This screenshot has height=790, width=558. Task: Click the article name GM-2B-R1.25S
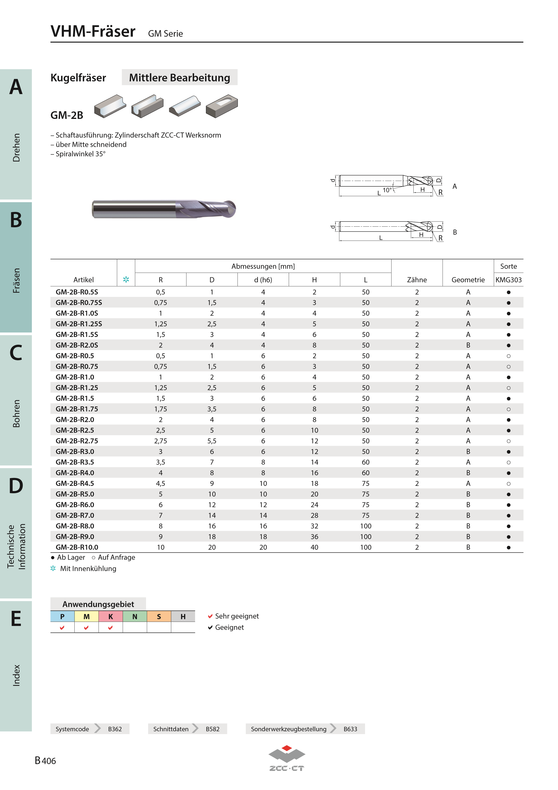(x=79, y=324)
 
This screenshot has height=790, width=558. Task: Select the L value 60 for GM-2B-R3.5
(x=365, y=462)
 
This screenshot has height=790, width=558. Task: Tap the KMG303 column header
(x=508, y=280)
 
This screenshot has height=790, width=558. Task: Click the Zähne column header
(x=417, y=280)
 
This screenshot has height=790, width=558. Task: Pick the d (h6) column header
(x=263, y=280)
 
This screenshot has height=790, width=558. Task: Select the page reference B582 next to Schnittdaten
(x=213, y=729)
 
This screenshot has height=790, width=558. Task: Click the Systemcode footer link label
(x=72, y=729)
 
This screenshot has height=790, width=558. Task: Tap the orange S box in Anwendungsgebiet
(x=159, y=616)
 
